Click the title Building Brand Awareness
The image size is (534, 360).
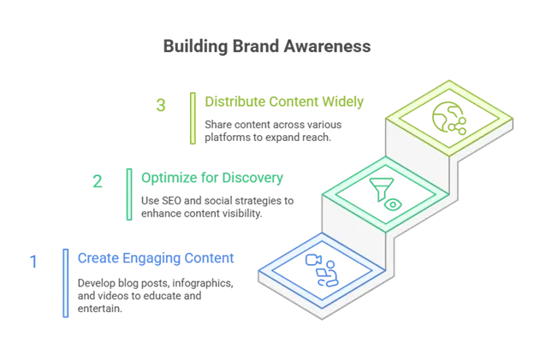click(267, 46)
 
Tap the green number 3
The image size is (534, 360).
click(161, 105)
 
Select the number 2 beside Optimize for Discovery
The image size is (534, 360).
click(98, 181)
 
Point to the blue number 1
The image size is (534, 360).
click(33, 262)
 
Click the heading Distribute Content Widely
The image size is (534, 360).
click(284, 102)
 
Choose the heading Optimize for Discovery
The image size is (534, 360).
click(212, 178)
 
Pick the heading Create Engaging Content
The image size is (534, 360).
click(156, 258)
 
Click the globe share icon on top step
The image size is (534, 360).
click(449, 118)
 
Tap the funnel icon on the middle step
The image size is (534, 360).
click(382, 189)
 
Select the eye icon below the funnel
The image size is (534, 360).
click(393, 204)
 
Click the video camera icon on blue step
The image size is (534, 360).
click(313, 260)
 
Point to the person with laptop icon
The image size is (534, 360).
click(327, 274)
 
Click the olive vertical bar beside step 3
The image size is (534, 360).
click(193, 118)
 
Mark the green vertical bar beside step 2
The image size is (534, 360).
click(129, 194)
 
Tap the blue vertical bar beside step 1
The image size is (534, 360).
click(65, 283)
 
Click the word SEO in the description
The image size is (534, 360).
click(172, 201)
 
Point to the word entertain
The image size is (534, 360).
click(100, 309)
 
